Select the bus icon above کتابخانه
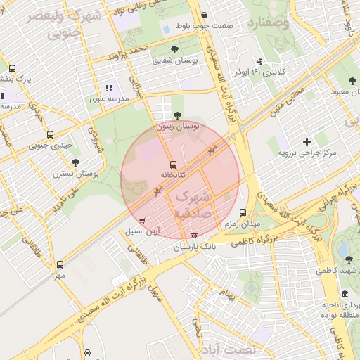point(173,164)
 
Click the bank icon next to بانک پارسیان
point(194,236)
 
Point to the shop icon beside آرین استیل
point(143,220)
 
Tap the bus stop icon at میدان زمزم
point(243,212)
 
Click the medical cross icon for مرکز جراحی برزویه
point(306,141)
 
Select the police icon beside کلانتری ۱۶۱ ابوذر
point(260,61)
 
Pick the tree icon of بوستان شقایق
point(175,49)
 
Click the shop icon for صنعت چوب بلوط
point(204,15)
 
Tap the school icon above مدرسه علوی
point(108,89)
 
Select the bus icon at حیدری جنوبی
point(49,135)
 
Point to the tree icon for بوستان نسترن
point(75,162)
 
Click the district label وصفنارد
point(269,24)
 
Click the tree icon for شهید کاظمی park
point(349,259)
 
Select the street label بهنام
point(226,292)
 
